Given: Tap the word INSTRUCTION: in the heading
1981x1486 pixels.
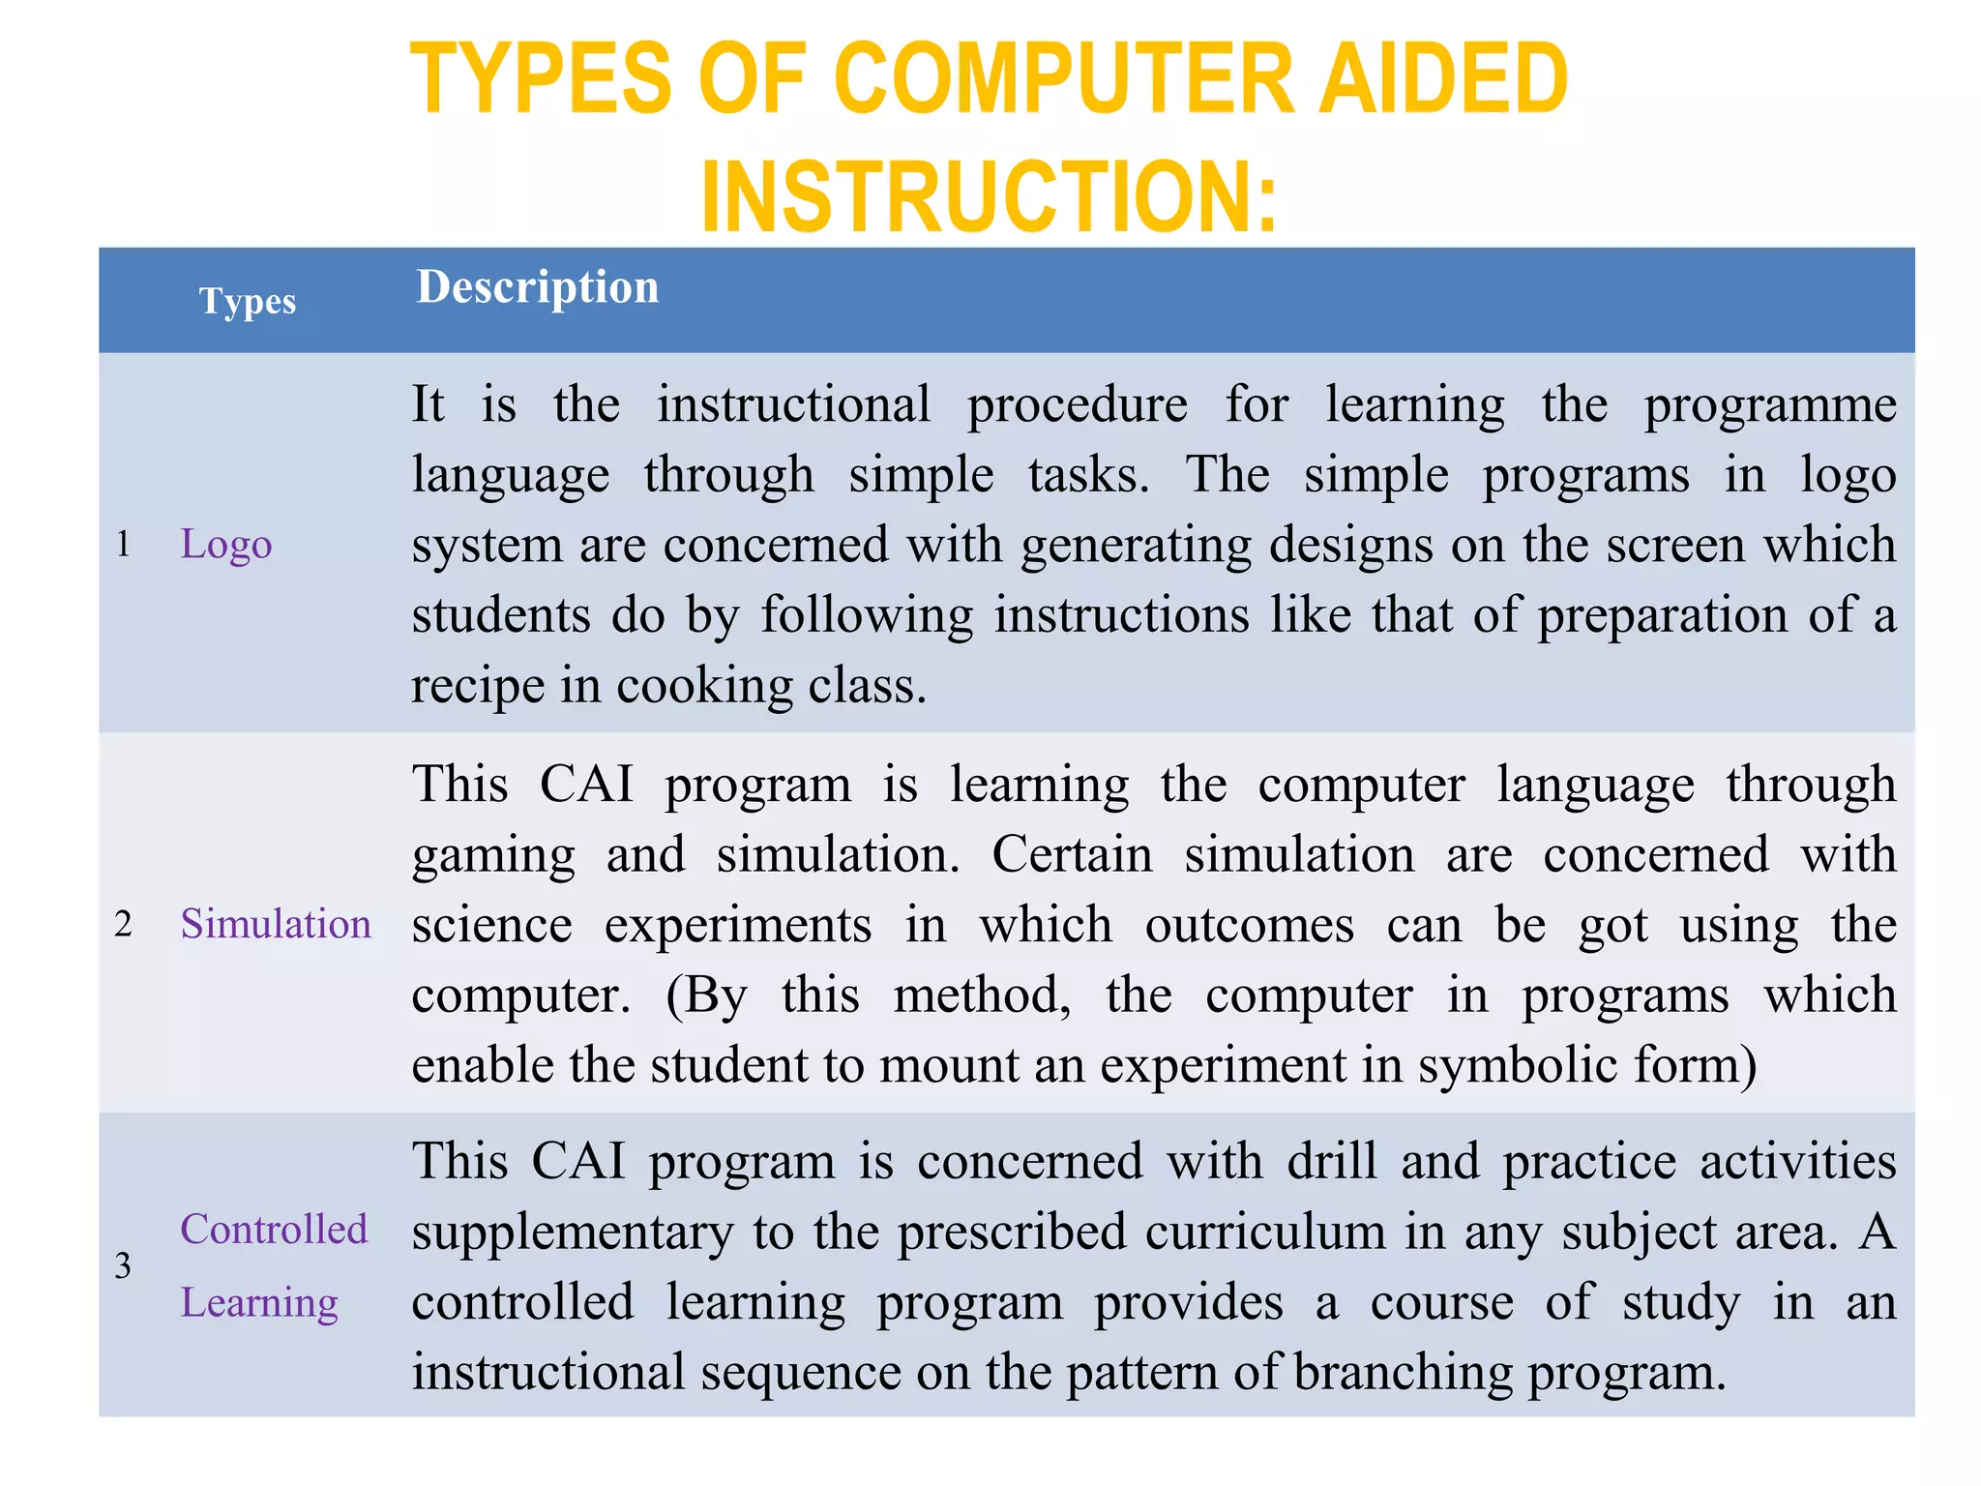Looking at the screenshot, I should pos(990,197).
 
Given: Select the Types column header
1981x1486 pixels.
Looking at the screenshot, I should pos(248,301).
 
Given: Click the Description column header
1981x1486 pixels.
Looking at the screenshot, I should pos(538,287).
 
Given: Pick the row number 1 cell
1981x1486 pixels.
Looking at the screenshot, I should pos(123,544).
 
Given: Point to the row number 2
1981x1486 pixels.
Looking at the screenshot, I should pos(123,924).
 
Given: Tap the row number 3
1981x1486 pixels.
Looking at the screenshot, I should pos(123,1265).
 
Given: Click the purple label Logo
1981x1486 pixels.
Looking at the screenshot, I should pos(226,545).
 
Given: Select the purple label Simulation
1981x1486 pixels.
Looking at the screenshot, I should pos(276,924).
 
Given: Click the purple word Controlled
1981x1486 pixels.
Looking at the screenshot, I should pos(274,1230).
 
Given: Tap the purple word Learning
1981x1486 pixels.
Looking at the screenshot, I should pos(259,1303).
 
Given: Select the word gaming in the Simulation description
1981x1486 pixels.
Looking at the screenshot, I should pos(493,855).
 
